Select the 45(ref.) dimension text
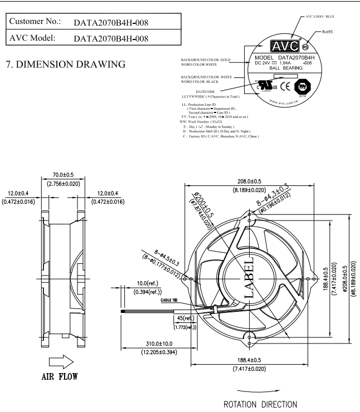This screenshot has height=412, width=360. [x=181, y=318]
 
